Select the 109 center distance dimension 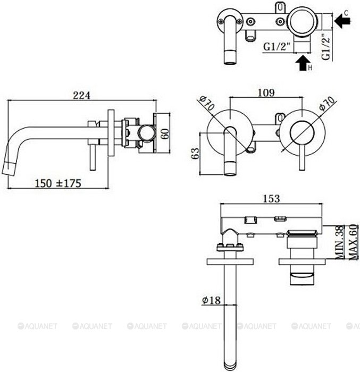click(265, 93)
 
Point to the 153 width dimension click(272, 198)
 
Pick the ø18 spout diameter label click(211, 300)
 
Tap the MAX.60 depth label click(352, 242)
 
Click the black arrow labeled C click(344, 21)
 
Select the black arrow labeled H click(303, 64)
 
